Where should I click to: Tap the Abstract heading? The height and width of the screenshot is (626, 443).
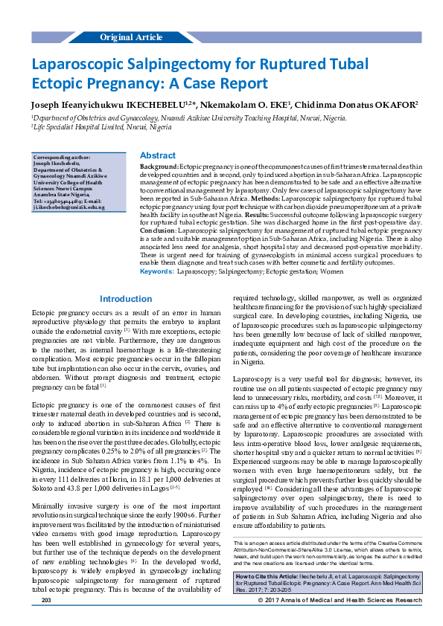[158, 155]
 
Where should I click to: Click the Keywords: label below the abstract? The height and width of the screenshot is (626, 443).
[156, 251]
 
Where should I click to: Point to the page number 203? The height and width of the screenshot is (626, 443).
[46, 619]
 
